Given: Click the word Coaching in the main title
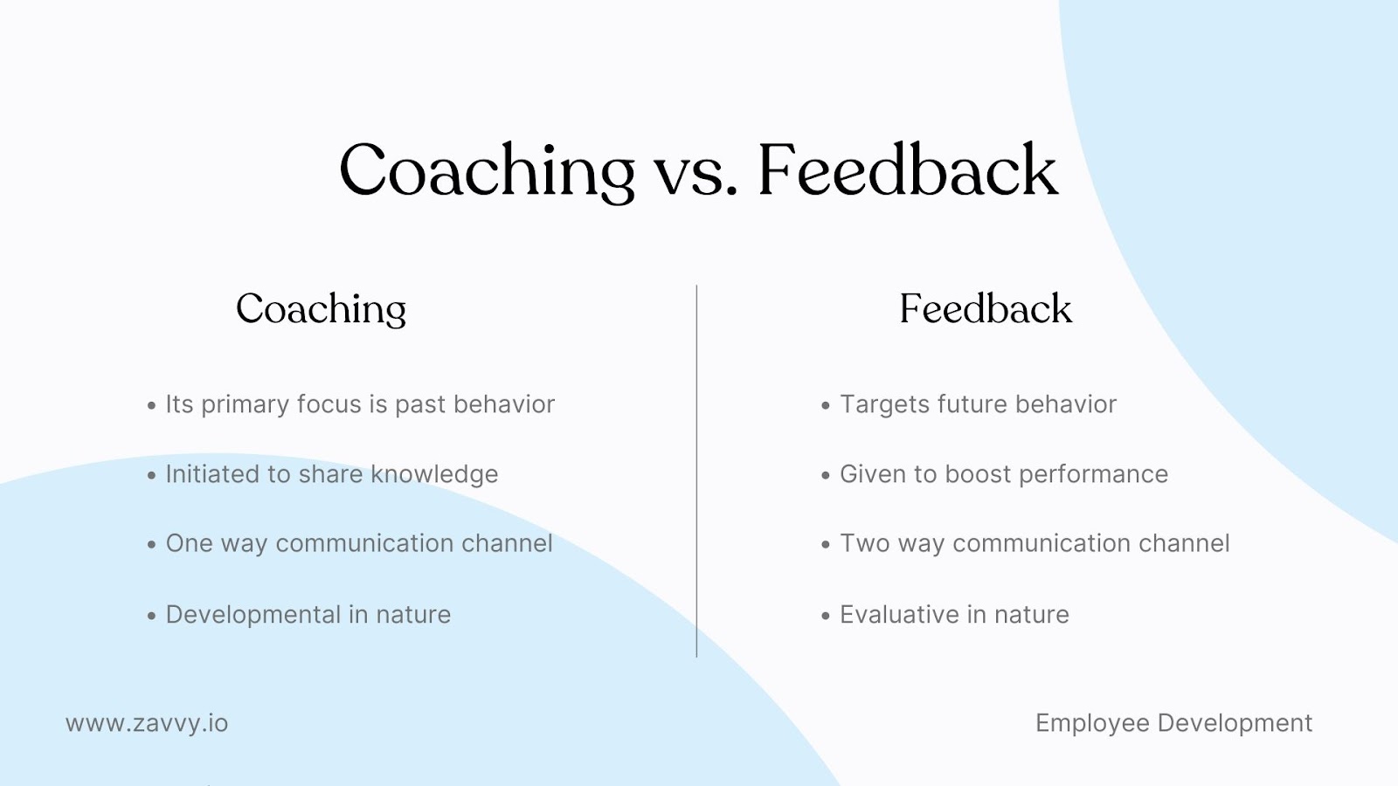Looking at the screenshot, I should pos(487,170).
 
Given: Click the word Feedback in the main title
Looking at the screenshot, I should pos(907,170).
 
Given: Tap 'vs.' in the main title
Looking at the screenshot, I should pos(696,173).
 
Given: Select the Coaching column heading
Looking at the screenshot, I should pos(322,309).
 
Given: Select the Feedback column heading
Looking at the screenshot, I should pos(986,309).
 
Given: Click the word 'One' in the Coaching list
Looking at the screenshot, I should pos(189,543).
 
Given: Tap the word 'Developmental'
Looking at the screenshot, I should pos(253,615).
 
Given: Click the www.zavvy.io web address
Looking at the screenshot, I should pos(147,723).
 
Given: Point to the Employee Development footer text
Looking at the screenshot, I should pos(1173,723).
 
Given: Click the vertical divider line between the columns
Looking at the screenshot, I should pos(696,472).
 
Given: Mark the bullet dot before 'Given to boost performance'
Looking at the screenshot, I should pos(826,476).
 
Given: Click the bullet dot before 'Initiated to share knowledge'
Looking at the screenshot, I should pos(152,476).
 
